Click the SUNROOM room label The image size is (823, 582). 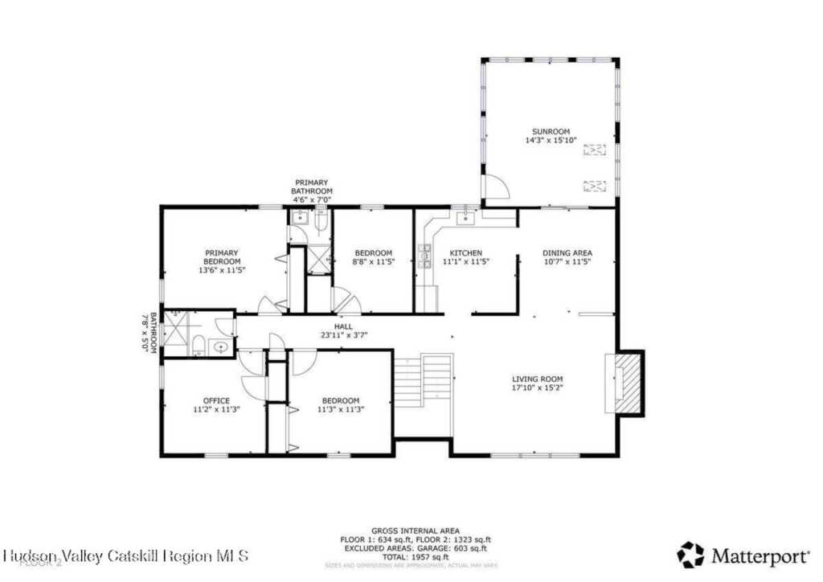pos(551,131)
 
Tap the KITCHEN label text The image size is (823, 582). pos(465,253)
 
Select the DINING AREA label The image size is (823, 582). pos(567,253)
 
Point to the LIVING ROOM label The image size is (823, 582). pos(538,379)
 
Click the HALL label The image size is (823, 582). pos(344,326)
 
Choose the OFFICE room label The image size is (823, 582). pos(216,400)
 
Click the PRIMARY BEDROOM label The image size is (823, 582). pos(221,257)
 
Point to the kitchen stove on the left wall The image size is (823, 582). pos(424,256)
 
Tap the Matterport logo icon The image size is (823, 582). pos(690,555)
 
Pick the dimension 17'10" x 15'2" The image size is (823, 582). pos(538,387)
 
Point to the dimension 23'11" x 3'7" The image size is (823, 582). pos(344,335)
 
